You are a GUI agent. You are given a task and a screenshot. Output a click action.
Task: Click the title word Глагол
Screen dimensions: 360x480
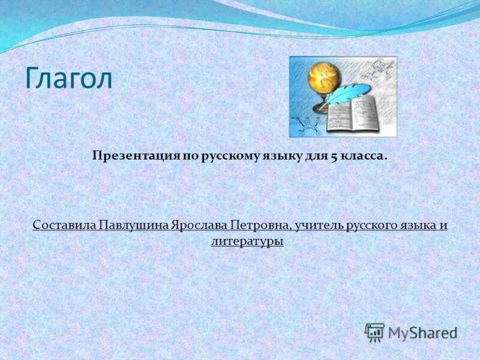68,79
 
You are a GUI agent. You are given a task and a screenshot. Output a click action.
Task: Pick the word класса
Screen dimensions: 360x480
364,156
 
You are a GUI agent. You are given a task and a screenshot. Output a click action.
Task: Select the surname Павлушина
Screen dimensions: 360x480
125,226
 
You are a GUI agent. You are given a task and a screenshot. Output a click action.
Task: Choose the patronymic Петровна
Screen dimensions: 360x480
261,226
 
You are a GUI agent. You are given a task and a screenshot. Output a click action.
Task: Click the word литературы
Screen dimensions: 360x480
247,241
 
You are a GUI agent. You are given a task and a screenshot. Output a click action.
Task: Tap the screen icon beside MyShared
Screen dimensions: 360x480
374,332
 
